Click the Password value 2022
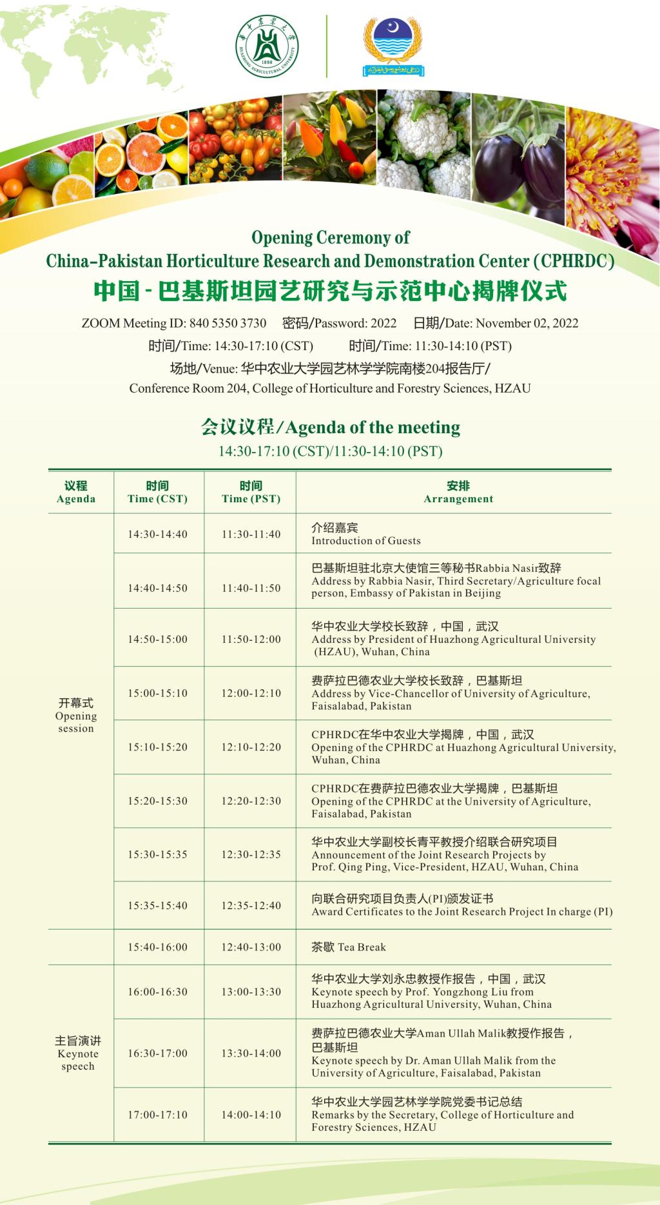pos(383,323)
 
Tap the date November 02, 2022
pos(527,323)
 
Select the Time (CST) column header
pos(158,492)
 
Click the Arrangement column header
pos(458,492)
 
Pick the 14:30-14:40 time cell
pos(158,534)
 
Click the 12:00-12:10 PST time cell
pos(251,693)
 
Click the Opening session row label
pos(76,716)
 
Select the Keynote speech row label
pos(78,1053)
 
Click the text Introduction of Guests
pos(366,541)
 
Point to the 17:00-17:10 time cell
pos(158,1115)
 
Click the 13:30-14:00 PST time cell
pos(251,1053)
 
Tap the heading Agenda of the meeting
pos(373,427)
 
